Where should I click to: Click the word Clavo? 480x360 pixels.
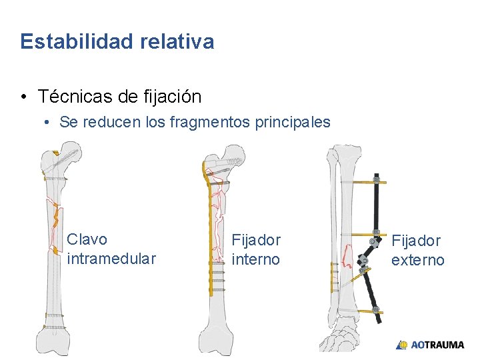(x=87, y=239)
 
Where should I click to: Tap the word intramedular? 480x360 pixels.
(x=111, y=259)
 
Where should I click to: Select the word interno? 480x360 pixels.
(x=255, y=259)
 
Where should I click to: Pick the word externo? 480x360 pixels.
(x=417, y=260)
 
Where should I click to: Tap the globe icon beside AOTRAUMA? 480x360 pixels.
(x=402, y=345)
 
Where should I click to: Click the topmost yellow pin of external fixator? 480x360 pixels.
(x=360, y=181)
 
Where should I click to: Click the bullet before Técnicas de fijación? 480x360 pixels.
(x=24, y=97)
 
